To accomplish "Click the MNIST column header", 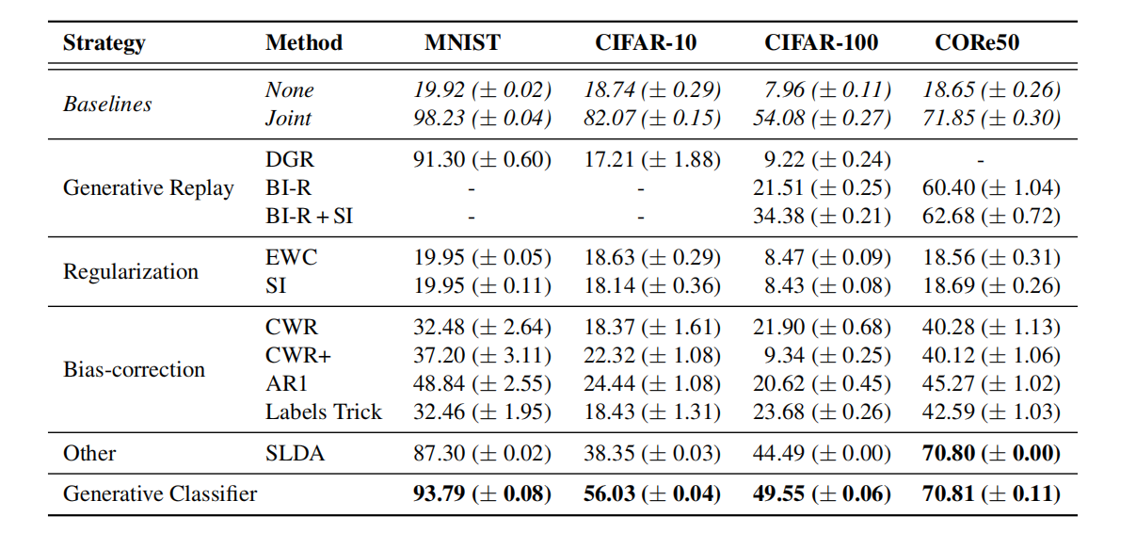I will pyautogui.click(x=462, y=42).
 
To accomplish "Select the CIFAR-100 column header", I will pyautogui.click(x=821, y=42).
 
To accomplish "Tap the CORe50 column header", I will pyautogui.click(x=977, y=42).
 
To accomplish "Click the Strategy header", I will pyautogui.click(x=104, y=42).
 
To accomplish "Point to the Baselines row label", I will pyautogui.click(x=107, y=104).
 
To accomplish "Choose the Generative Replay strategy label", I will pyautogui.click(x=148, y=187).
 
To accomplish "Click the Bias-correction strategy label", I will pyautogui.click(x=134, y=369).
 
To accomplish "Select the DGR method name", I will pyautogui.click(x=289, y=159).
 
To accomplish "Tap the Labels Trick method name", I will pyautogui.click(x=324, y=412).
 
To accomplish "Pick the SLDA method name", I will pyautogui.click(x=295, y=453).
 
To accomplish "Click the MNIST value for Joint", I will pyautogui.click(x=482, y=118).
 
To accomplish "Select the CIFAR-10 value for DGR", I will pyautogui.click(x=651, y=159).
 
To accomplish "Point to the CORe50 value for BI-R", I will pyautogui.click(x=991, y=187).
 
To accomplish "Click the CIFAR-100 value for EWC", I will pyautogui.click(x=822, y=257).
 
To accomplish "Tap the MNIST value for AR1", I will pyautogui.click(x=482, y=383).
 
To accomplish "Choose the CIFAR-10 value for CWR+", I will pyautogui.click(x=651, y=355).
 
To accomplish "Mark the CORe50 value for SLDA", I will pyautogui.click(x=991, y=453).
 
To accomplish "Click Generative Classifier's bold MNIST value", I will pyautogui.click(x=482, y=493).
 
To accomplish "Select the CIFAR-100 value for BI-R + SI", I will pyautogui.click(x=822, y=216).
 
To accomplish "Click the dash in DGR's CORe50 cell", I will pyautogui.click(x=981, y=160).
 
